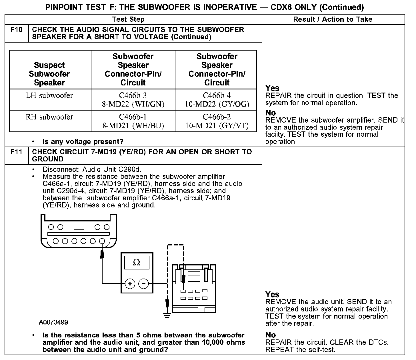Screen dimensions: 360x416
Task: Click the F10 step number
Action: point(16,30)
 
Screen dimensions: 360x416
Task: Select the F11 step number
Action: point(16,152)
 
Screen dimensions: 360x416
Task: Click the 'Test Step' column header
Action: point(128,19)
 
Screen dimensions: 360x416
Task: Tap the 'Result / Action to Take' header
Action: point(333,19)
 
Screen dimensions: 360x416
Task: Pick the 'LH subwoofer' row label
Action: point(49,95)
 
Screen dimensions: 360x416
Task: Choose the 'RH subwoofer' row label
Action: point(49,117)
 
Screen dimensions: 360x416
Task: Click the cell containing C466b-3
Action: point(133,100)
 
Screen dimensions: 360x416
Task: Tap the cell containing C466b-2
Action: point(217,121)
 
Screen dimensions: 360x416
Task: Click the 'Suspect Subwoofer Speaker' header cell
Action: point(49,74)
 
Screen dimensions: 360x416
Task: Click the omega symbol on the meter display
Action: point(137,263)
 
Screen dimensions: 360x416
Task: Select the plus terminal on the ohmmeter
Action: point(130,284)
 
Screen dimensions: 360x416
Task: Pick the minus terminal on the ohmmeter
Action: point(144,284)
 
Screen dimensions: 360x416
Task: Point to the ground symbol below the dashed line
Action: point(167,315)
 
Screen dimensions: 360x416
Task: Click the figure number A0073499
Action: point(53,322)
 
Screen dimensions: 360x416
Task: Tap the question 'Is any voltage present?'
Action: point(83,141)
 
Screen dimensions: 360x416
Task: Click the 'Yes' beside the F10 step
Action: point(272,88)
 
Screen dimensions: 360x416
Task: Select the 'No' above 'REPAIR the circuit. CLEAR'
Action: point(271,335)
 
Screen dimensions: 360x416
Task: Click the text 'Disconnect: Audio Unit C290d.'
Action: point(92,169)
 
